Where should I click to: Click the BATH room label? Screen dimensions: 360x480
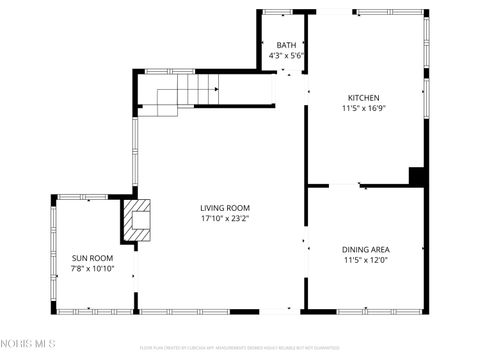(x=287, y=45)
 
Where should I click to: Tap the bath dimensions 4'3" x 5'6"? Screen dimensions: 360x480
(x=287, y=56)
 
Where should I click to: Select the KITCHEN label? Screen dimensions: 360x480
(x=363, y=97)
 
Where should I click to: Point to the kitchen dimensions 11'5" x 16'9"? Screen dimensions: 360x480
(x=363, y=108)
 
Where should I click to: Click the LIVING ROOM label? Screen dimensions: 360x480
(x=225, y=207)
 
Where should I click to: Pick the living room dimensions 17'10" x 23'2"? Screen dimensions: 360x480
(x=225, y=218)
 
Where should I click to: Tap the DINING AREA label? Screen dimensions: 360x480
(x=366, y=249)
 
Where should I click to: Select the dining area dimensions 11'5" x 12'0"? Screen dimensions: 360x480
(x=366, y=260)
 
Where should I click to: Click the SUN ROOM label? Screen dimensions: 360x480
(x=92, y=258)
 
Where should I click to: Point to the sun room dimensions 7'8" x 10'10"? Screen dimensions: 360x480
(x=92, y=269)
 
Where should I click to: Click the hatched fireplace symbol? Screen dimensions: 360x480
(x=137, y=220)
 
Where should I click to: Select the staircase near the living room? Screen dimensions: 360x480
(x=180, y=95)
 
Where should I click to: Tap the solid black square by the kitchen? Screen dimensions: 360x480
(x=417, y=176)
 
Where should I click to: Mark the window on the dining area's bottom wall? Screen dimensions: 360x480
(x=366, y=311)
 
